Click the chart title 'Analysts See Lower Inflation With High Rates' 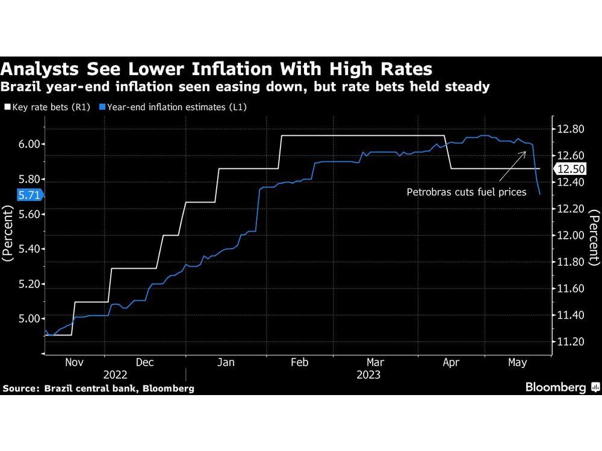217,67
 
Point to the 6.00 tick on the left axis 28,144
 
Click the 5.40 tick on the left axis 28,249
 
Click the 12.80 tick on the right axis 569,129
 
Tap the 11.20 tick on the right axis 569,342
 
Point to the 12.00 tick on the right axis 569,236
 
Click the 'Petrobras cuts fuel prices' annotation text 467,192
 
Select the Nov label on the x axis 74,362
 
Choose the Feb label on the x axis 299,362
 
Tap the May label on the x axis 518,362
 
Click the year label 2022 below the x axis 115,374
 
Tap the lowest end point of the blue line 540,194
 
